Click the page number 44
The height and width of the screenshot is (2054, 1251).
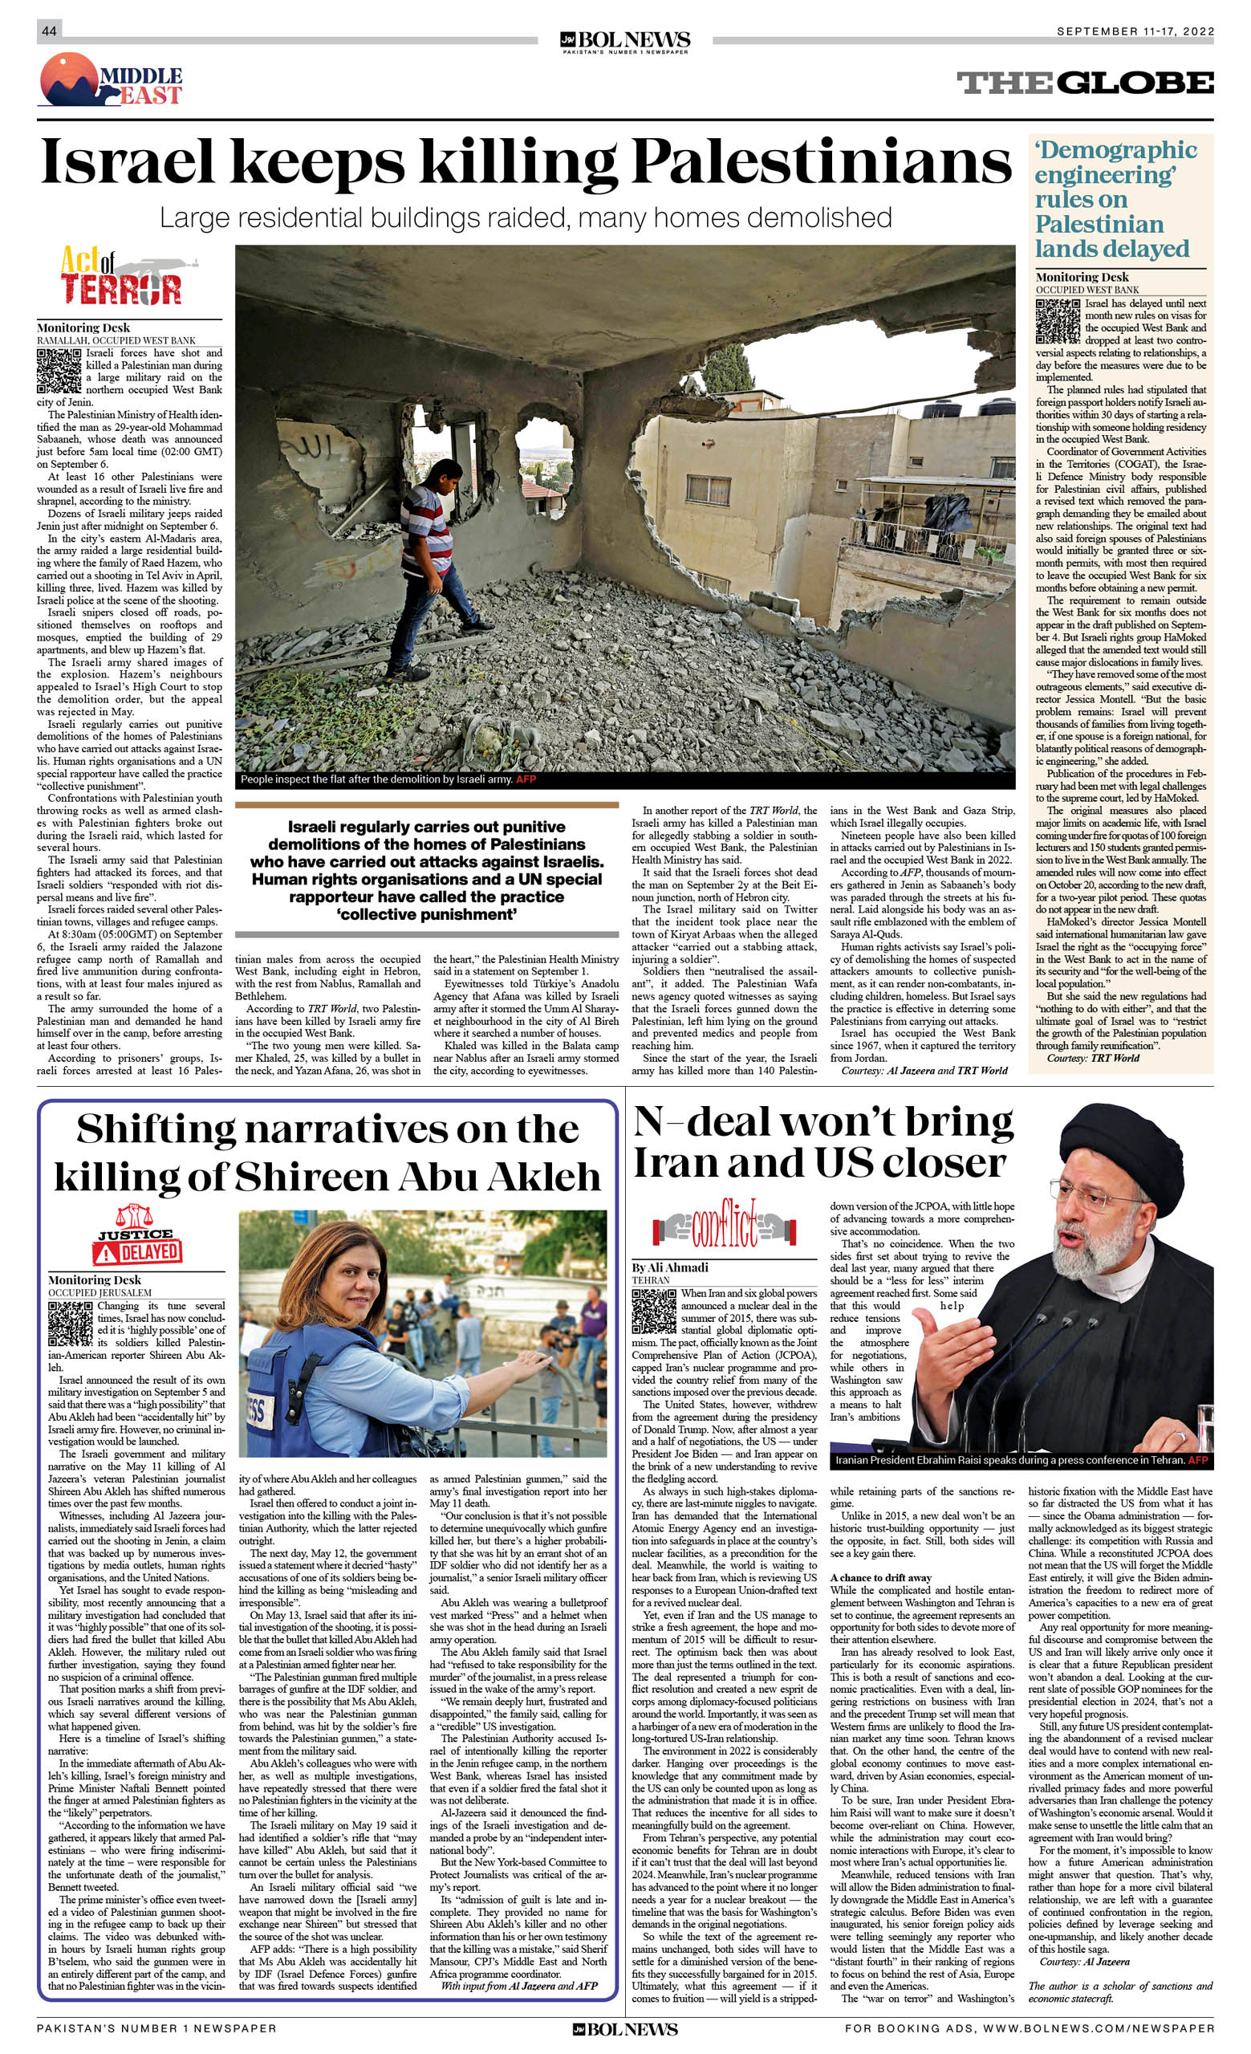49,31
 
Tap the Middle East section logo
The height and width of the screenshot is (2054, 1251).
111,80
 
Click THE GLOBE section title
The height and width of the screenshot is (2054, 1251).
1084,83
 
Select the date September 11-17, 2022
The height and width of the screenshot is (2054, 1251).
1135,31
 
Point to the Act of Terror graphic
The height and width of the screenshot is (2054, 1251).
129,276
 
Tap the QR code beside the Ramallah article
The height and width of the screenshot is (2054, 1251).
59,371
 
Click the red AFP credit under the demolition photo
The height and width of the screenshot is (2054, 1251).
526,779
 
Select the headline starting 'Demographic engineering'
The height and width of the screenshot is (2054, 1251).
1115,199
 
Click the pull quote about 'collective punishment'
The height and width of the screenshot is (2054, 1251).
426,870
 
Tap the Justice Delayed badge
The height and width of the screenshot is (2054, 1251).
136,1236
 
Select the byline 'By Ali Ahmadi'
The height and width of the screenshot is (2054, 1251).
670,1267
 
